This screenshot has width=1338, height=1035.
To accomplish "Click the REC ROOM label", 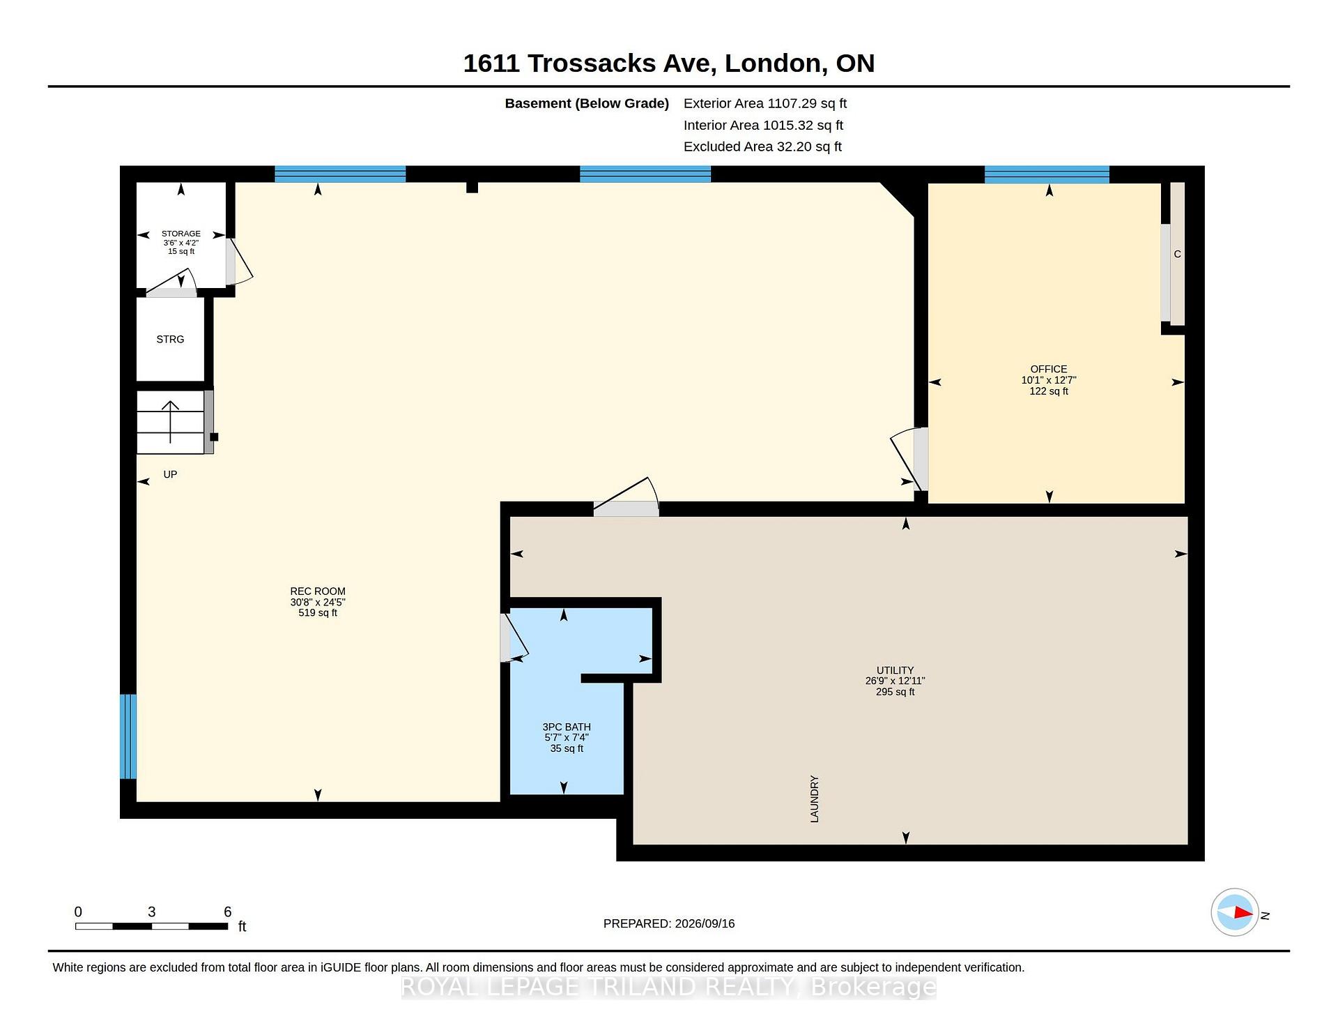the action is click(318, 591).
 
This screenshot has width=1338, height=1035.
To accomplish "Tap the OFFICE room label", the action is click(1049, 369).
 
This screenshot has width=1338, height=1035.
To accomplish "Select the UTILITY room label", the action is click(895, 670).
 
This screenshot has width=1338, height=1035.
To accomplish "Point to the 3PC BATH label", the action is click(567, 727).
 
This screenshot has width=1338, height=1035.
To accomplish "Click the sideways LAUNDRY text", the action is click(815, 799).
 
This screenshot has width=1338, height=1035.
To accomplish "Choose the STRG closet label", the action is click(170, 340).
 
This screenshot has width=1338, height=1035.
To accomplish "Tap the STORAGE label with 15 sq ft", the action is click(181, 234).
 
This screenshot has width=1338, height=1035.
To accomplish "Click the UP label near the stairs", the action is click(170, 474).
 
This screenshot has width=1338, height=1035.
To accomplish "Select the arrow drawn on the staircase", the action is click(170, 422).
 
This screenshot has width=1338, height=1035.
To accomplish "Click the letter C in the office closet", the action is click(1177, 254).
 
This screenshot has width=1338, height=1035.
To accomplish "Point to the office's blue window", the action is click(1047, 174).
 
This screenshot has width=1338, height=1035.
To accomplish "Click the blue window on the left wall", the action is click(128, 736).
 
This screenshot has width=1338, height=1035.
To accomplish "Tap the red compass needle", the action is click(1243, 912).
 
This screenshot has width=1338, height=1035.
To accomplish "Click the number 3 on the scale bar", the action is click(152, 912).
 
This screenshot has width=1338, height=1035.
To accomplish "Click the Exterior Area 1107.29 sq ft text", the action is click(765, 103).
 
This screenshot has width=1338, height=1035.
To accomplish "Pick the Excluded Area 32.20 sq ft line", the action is click(762, 146).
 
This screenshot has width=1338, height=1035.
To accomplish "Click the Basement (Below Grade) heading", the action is click(587, 103).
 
